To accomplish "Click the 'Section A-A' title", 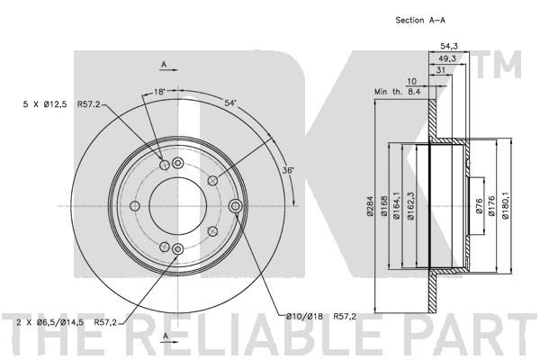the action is tap(420, 21).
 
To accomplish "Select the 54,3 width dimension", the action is tap(449, 47).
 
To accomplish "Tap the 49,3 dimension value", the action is tap(447, 58).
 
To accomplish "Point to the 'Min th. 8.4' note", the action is tap(398, 92).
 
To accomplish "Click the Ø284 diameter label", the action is tap(370, 206).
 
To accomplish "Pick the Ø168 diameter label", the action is tap(384, 206).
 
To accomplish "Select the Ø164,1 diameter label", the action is tap(396, 206).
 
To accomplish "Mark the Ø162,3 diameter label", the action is tap(409, 206).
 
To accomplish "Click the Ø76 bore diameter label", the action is tap(480, 206).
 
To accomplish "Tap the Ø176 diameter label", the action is tap(491, 206).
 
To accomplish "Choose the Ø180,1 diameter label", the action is tap(505, 206).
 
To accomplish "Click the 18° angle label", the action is tap(159, 92).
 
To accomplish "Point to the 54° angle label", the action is tap(230, 103).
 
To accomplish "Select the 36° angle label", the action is tap(288, 170).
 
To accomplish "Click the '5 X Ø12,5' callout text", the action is tap(45, 104).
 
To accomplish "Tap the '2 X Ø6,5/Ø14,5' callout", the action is tap(49, 322).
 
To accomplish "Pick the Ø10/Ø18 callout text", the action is tap(304, 316).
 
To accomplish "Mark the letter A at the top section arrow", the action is tap(165, 64).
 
